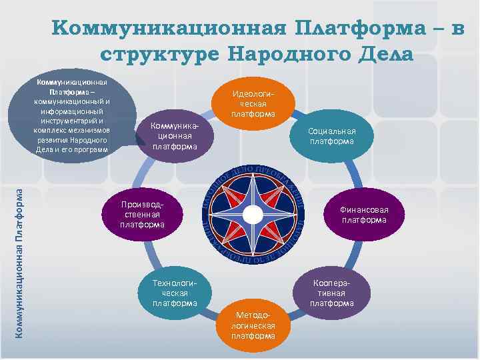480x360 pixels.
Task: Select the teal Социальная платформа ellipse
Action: coord(331,136)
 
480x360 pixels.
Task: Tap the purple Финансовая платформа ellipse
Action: coord(364,215)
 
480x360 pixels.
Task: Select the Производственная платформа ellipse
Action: coord(142,215)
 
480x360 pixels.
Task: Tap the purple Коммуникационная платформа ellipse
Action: coord(175,136)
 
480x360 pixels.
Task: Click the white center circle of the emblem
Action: coord(253,214)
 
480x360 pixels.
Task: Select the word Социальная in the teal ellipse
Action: coord(331,131)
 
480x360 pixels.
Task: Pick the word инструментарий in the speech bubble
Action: coord(70,121)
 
